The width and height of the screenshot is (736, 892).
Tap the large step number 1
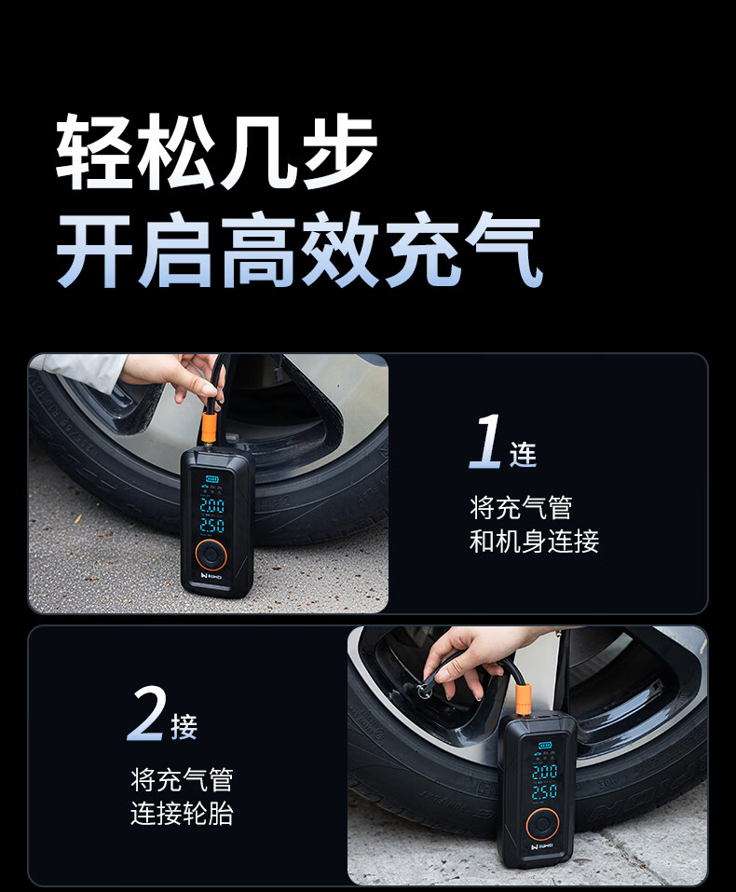[x=485, y=442]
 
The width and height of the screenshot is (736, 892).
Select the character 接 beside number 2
[x=184, y=726]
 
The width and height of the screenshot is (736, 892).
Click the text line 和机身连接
[x=534, y=541]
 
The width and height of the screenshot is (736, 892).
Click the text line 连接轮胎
[x=182, y=813]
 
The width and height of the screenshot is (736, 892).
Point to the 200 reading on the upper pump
[x=212, y=505]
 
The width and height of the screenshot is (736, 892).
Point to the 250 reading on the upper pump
[x=212, y=525]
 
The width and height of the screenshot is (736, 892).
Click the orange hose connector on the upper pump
[x=209, y=429]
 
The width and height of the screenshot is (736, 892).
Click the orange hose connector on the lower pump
[x=523, y=699]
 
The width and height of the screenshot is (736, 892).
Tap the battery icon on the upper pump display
[x=212, y=479]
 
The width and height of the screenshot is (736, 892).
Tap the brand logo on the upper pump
[x=211, y=575]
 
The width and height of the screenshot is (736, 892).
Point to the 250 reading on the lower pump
[x=544, y=791]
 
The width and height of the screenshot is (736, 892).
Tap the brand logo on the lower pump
[x=543, y=846]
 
